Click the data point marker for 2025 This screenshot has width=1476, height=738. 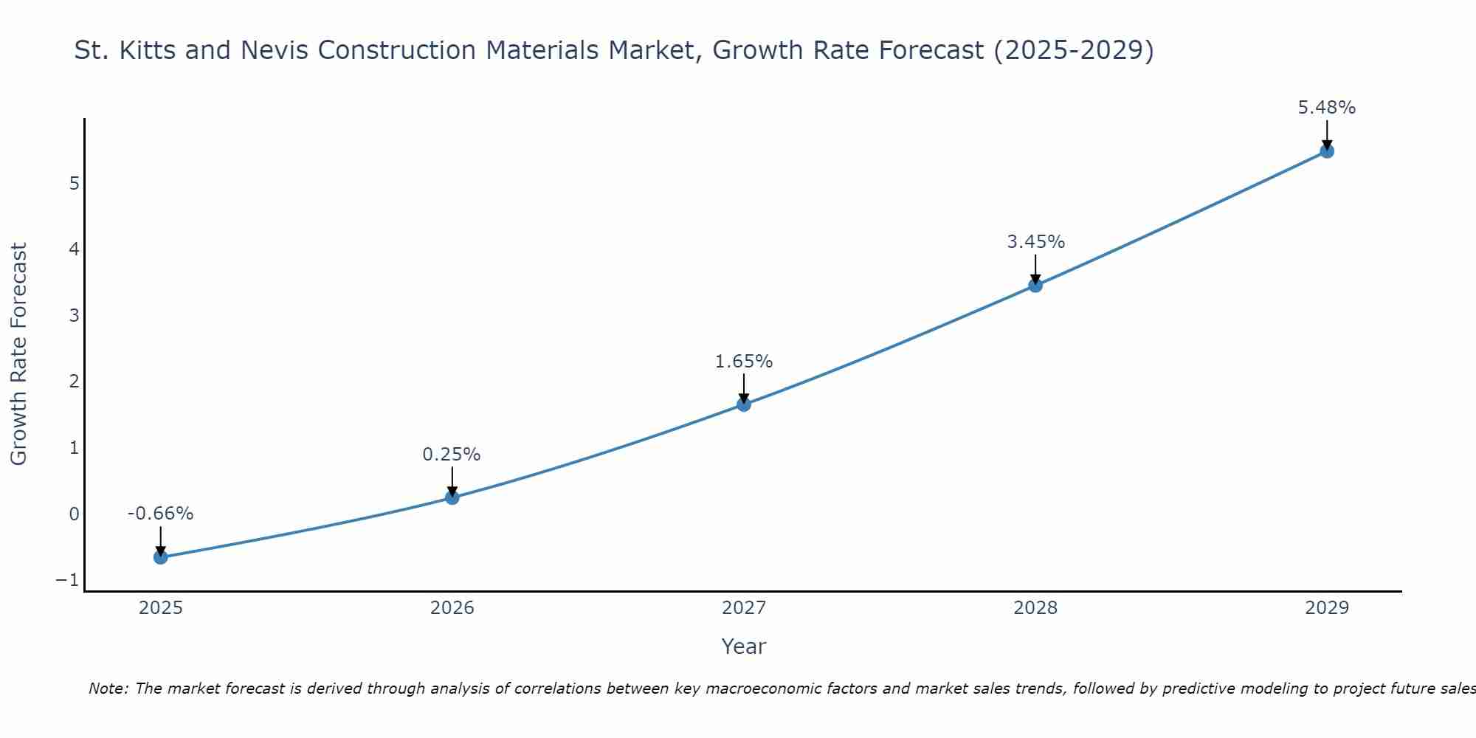(x=160, y=557)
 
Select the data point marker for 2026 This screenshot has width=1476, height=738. (x=452, y=497)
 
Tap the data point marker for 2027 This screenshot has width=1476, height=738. (x=743, y=404)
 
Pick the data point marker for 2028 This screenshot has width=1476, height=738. (x=1035, y=285)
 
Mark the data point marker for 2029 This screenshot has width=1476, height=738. (x=1327, y=151)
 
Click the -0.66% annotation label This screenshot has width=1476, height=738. (x=160, y=514)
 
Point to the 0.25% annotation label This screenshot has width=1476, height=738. (x=452, y=455)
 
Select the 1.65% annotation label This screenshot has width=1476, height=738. (x=743, y=362)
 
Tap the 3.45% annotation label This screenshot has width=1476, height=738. (x=1035, y=242)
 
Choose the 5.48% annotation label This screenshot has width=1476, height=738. (x=1327, y=108)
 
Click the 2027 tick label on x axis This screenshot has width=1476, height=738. (x=743, y=608)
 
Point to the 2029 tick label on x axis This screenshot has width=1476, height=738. (x=1327, y=608)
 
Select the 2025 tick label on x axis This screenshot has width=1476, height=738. (x=160, y=608)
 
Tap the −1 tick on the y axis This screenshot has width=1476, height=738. (x=67, y=580)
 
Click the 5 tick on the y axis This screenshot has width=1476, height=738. (x=74, y=183)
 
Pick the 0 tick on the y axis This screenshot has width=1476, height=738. (x=74, y=514)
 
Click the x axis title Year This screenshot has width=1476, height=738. (x=743, y=646)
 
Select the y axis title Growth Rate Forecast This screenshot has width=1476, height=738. (x=18, y=354)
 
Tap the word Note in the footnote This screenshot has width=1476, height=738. (x=108, y=689)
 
